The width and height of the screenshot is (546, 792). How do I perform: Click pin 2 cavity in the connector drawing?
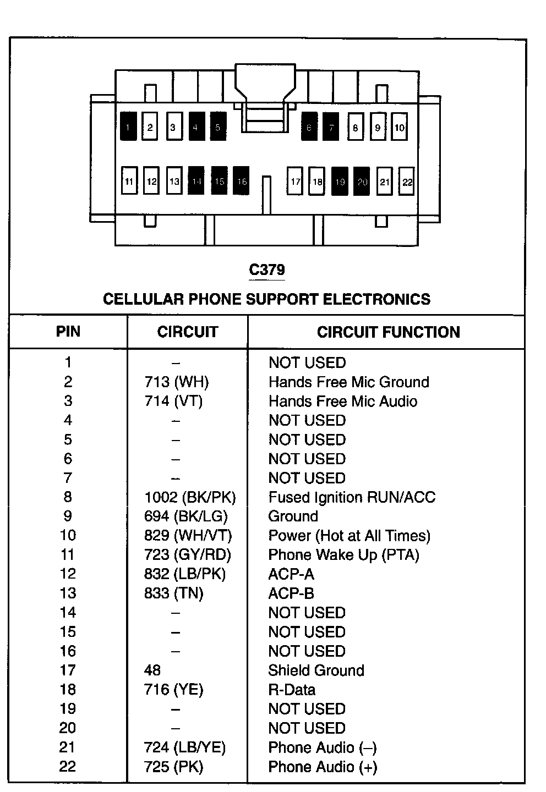click(150, 127)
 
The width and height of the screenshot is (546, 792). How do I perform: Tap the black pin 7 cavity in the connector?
click(331, 127)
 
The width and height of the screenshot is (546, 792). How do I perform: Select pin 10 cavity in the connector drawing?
click(400, 127)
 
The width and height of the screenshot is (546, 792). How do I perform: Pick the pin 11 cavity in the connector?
click(129, 181)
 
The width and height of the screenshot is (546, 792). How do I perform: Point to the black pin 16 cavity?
click(242, 181)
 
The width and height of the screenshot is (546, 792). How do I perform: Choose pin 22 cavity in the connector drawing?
click(407, 182)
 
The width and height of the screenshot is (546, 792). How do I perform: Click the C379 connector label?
click(267, 270)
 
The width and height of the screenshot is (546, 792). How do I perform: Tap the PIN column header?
click(68, 332)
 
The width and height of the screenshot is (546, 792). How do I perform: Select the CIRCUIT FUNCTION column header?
click(388, 332)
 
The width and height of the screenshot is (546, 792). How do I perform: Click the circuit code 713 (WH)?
click(177, 382)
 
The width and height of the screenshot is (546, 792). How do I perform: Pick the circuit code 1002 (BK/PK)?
click(190, 497)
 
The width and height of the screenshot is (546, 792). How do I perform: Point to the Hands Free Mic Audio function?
click(342, 401)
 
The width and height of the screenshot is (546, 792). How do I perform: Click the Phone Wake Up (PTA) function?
click(343, 555)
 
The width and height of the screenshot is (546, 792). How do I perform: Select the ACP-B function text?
click(291, 593)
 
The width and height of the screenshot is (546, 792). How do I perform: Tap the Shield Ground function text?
click(316, 670)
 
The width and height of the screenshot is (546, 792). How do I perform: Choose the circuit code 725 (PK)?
click(173, 767)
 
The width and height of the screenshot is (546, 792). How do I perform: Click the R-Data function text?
click(292, 690)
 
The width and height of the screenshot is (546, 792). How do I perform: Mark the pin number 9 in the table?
click(68, 516)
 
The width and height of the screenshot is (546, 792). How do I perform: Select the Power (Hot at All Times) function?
click(349, 536)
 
